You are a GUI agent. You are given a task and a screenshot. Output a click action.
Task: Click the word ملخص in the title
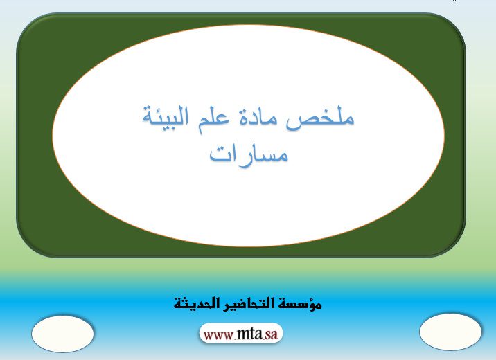point(319,119)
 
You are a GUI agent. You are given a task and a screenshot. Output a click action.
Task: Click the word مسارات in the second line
point(249,154)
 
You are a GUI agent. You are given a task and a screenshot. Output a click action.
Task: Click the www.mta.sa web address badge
point(240,333)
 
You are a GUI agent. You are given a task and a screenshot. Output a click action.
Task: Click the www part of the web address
point(219,335)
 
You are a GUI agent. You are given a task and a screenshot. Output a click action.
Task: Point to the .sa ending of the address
point(270,335)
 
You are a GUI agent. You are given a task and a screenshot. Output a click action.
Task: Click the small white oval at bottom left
point(62,334)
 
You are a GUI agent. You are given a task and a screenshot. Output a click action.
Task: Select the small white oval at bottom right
point(450,332)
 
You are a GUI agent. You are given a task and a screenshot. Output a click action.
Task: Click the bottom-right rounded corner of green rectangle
point(455,247)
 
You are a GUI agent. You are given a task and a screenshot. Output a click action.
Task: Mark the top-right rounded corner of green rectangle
point(455,24)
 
